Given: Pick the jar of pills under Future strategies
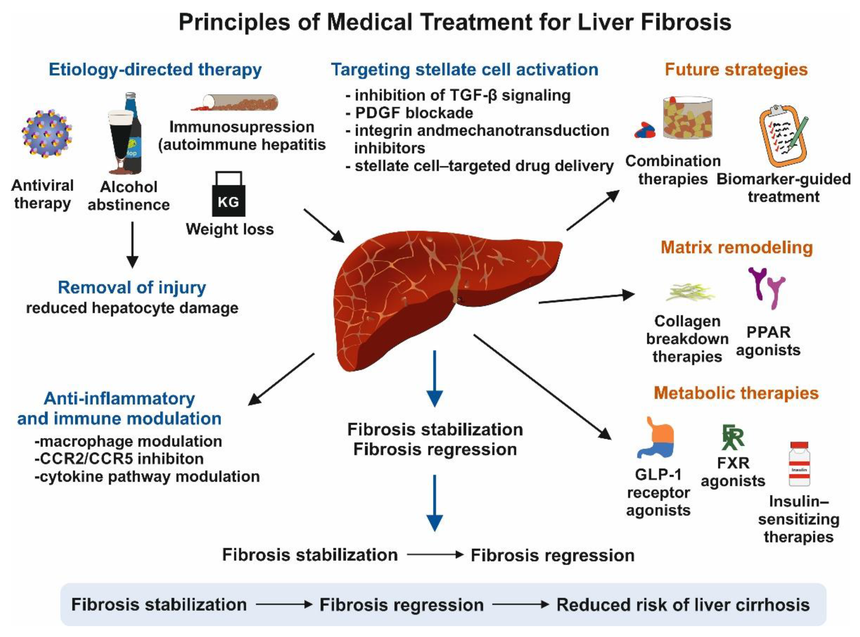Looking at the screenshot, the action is pyautogui.click(x=687, y=118).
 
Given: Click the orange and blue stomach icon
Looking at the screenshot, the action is pyautogui.click(x=656, y=437).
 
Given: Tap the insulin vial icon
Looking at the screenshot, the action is pyautogui.click(x=799, y=464).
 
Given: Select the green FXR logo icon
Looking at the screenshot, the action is pyautogui.click(x=733, y=437).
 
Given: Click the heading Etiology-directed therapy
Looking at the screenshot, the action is pyautogui.click(x=155, y=70).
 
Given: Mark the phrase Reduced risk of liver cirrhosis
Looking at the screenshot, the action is pyautogui.click(x=683, y=605).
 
